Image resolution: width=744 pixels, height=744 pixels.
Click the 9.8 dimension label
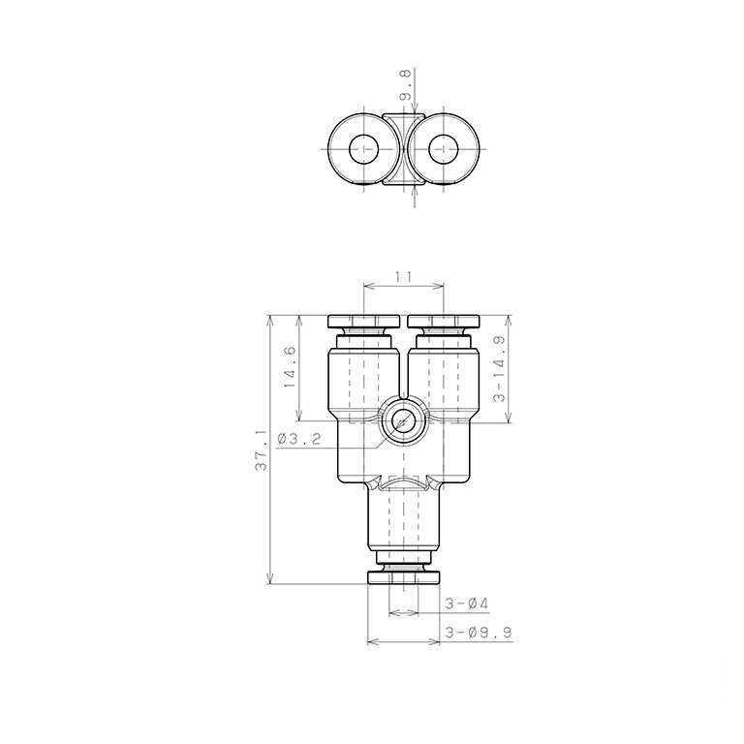click(406, 84)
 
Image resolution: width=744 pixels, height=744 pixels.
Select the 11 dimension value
click(403, 276)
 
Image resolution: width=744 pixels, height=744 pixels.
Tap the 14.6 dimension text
click(290, 367)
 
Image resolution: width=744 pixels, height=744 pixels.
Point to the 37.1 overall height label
click(261, 450)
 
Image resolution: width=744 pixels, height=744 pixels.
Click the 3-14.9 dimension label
click(500, 369)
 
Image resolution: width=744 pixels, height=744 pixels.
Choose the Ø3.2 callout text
click(299, 439)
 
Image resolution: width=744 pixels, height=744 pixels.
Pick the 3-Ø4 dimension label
click(466, 604)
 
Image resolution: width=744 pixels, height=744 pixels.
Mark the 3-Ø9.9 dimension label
click(479, 633)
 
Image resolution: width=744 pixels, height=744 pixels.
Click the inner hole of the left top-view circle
click(364, 149)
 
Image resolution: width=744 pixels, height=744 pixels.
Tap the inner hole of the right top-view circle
click(443, 149)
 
